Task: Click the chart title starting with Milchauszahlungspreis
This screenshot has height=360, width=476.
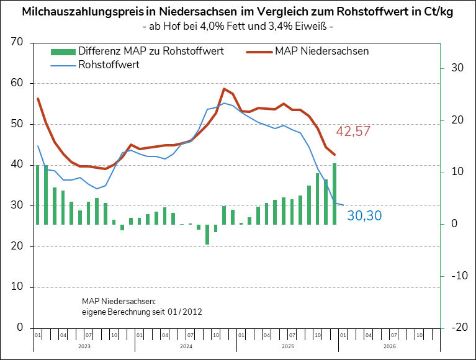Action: pos(238,12)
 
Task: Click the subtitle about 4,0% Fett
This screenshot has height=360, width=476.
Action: pos(238,27)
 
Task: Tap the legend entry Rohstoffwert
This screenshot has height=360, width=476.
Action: pos(109,64)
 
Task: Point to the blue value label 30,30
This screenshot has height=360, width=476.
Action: pos(364,216)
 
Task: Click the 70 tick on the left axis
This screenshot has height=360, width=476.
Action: pos(16,42)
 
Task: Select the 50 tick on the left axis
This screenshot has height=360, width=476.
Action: pos(16,124)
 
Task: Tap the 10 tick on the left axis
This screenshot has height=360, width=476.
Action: pos(16,287)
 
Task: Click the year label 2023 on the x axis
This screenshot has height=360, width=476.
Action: pos(84,346)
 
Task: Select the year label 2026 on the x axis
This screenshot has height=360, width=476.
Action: pos(389,346)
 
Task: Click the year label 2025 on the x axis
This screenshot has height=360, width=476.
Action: pos(287,346)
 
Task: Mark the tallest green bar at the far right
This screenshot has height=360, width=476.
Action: pos(335,194)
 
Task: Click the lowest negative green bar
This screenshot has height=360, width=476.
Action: pos(207,234)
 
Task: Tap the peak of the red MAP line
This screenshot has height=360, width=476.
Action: pos(224,89)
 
